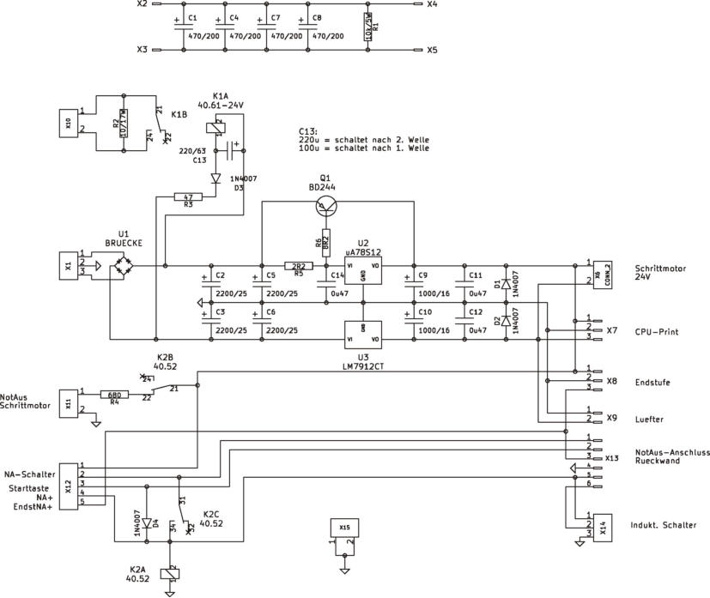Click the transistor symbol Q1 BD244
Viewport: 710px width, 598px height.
[x=325, y=204]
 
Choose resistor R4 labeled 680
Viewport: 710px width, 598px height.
[x=115, y=396]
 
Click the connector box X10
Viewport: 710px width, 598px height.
[x=68, y=124]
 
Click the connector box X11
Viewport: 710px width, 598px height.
[x=68, y=403]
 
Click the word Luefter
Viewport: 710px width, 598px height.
[x=652, y=419]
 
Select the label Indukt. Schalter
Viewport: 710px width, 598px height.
[x=663, y=525]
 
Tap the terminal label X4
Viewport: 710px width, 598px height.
[x=431, y=4]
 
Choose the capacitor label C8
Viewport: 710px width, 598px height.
[x=317, y=17]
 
